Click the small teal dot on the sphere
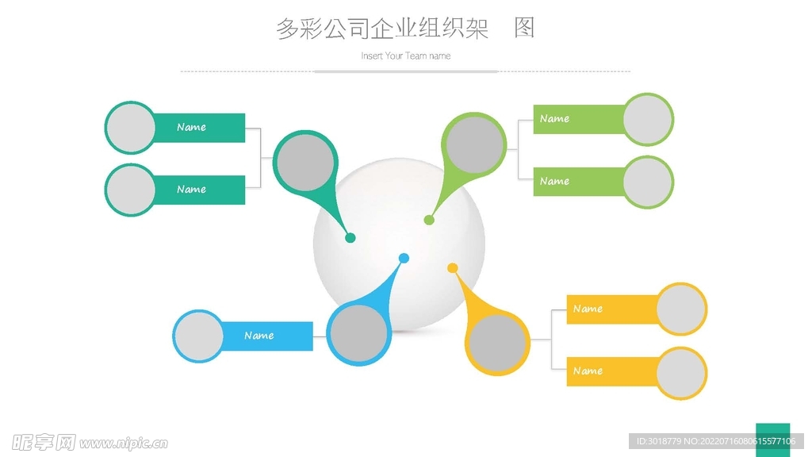pyautogui.click(x=350, y=237)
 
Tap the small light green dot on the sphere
pyautogui.click(x=429, y=220)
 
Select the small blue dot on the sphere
pyautogui.click(x=404, y=258)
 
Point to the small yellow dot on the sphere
pyautogui.click(x=453, y=268)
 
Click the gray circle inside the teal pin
pyautogui.click(x=304, y=162)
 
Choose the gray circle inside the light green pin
pyautogui.click(x=475, y=144)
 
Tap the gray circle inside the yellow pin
pyautogui.click(x=497, y=344)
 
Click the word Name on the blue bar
pyautogui.click(x=259, y=336)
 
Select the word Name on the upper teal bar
pyautogui.click(x=191, y=127)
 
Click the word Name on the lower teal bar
pyautogui.click(x=191, y=189)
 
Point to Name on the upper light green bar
pyautogui.click(x=554, y=119)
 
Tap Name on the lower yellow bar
pyautogui.click(x=588, y=371)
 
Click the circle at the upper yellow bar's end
pyautogui.click(x=681, y=309)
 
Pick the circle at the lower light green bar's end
pyautogui.click(x=648, y=182)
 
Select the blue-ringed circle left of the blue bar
pyautogui.click(x=198, y=336)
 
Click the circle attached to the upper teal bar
pyautogui.click(x=130, y=128)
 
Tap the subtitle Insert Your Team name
pyautogui.click(x=405, y=56)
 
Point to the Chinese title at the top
pyautogui.click(x=405, y=28)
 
